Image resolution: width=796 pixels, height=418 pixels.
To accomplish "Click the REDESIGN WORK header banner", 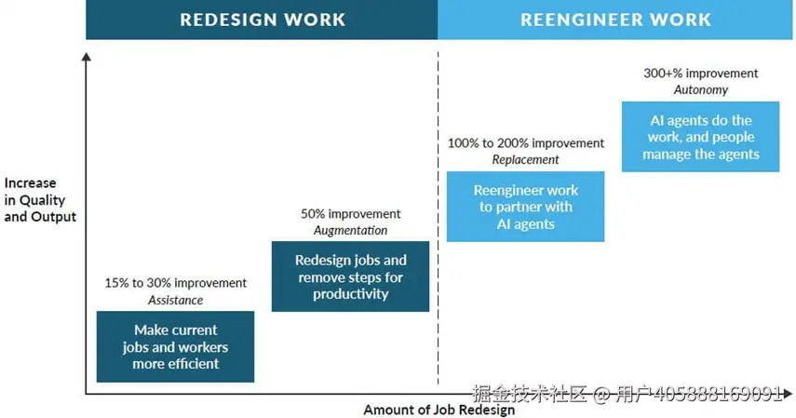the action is tap(262, 20).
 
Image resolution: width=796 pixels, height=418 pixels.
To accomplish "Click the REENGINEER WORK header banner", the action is tap(614, 20).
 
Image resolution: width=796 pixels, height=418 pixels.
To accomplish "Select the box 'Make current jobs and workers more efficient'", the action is tap(175, 346).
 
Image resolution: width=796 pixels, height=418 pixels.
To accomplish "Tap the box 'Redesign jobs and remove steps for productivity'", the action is tap(350, 276).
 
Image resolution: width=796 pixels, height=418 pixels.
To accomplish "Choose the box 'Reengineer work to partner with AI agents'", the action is tap(525, 206).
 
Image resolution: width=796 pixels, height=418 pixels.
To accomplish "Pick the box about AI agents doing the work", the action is tap(700, 137).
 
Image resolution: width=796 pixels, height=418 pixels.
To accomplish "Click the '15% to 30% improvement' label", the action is tap(176, 283).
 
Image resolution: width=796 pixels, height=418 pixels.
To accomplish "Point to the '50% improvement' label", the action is tap(351, 214).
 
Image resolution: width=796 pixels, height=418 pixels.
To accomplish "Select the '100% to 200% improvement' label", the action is tap(526, 143).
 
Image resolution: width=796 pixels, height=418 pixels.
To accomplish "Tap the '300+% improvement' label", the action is tap(700, 74).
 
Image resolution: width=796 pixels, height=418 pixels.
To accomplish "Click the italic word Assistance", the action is tap(176, 300).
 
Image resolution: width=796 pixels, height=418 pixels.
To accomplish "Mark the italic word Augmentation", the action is tap(350, 231).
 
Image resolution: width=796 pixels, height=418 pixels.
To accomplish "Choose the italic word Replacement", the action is tap(525, 160).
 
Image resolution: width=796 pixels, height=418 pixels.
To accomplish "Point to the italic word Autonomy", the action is tap(700, 90).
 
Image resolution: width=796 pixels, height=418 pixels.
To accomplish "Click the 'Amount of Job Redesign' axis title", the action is tap(439, 410).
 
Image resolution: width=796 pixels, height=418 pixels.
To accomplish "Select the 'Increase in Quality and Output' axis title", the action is tap(40, 199).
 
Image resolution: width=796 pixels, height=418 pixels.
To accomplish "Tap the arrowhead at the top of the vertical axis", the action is tap(87, 57).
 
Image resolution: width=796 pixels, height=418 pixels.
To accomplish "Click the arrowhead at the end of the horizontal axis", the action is tap(788, 393).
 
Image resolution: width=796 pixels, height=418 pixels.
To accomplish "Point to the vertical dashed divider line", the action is tap(438, 218).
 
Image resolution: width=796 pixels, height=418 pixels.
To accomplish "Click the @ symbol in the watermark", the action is tap(600, 394).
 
